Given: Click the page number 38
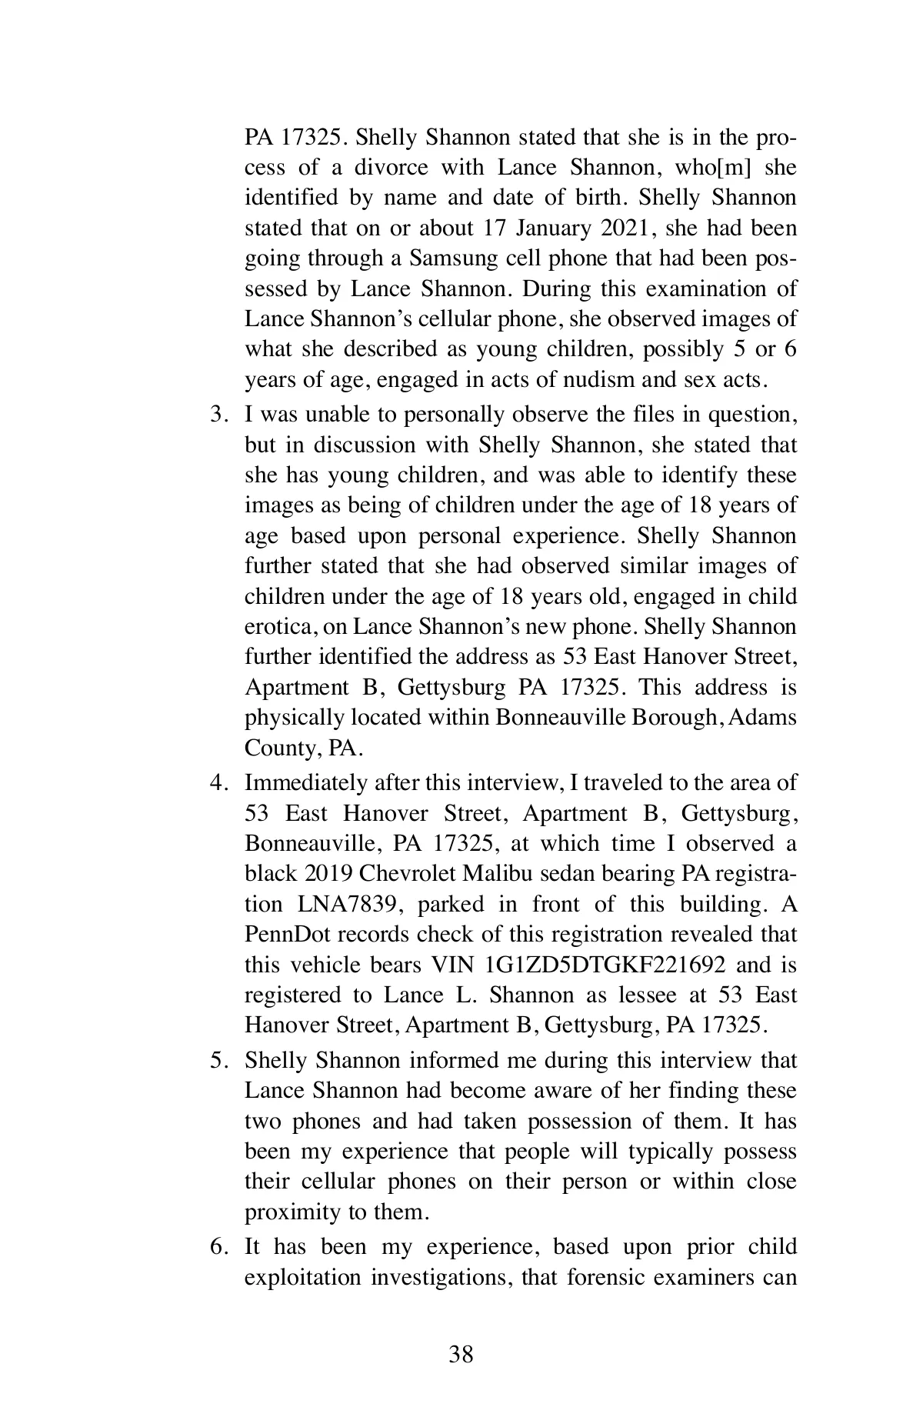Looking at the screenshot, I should coord(461,1355).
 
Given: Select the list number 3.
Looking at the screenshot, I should coord(218,415).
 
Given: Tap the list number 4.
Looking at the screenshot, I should coord(218,783).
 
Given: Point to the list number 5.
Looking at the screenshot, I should coord(218,1061).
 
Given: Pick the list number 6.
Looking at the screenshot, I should coord(218,1247).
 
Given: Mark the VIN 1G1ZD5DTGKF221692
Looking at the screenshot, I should coord(605,965).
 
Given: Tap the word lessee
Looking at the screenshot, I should coord(649,995).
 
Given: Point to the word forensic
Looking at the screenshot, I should coord(605,1278).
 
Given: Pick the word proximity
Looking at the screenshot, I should coord(293,1212).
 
